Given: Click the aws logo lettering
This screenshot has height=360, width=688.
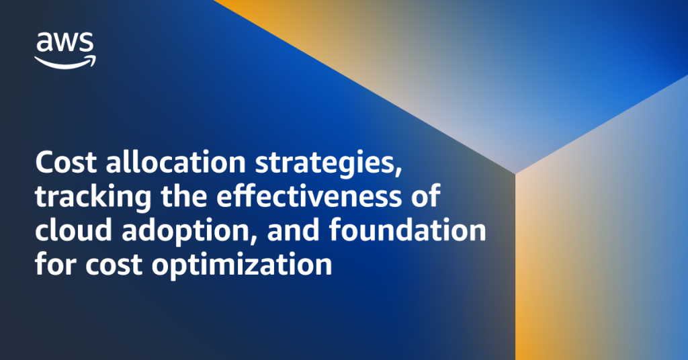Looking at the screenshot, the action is pyautogui.click(x=65, y=42).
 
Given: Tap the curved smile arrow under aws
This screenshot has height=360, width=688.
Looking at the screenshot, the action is pyautogui.click(x=64, y=63).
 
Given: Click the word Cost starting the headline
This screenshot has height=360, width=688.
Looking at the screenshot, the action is pyautogui.click(x=66, y=163).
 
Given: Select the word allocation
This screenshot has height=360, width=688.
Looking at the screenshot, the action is pyautogui.click(x=175, y=162).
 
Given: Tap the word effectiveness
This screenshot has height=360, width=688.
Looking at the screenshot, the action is pyautogui.click(x=308, y=195).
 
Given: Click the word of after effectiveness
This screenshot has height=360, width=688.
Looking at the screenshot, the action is pyautogui.click(x=425, y=195).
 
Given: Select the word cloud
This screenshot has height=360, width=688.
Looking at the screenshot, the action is pyautogui.click(x=73, y=230).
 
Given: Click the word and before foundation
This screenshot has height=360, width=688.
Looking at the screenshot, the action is pyautogui.click(x=293, y=230).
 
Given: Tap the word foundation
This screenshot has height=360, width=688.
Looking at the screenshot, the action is pyautogui.click(x=407, y=230).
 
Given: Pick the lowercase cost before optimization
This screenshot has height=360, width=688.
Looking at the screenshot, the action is pyautogui.click(x=114, y=265).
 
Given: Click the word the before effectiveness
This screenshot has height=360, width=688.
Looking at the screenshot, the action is pyautogui.click(x=183, y=195).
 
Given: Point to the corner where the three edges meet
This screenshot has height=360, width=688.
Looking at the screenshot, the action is pyautogui.click(x=515, y=174).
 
